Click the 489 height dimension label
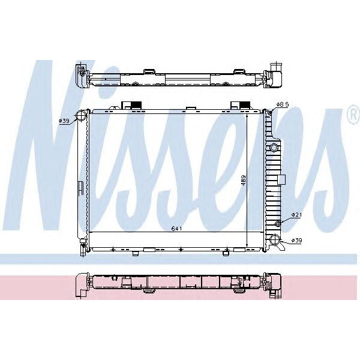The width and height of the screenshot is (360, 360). tap(243, 181)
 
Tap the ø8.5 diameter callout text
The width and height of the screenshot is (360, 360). tap(283, 104)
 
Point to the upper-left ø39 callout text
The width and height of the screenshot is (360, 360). tap(64, 121)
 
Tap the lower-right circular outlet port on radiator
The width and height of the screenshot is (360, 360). tap(276, 241)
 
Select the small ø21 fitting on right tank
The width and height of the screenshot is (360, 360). tap(278, 223)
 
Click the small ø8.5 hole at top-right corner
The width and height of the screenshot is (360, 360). tap(271, 107)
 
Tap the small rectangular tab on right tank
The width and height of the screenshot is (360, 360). tap(280, 179)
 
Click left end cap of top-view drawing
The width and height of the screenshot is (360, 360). tap(81, 76)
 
